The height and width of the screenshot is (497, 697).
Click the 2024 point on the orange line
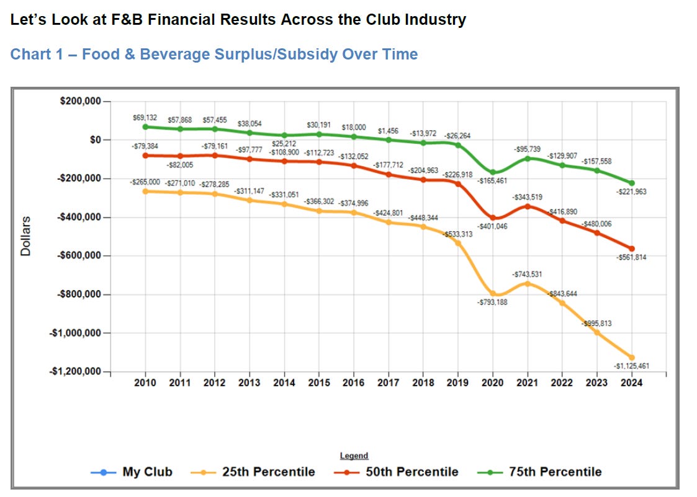(631, 358)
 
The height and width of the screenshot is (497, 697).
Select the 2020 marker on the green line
(493, 172)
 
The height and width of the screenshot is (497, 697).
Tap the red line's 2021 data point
(527, 206)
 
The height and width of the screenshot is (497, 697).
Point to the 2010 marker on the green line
(145, 127)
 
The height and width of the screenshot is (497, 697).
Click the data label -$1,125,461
(631, 366)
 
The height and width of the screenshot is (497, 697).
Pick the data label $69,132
(145, 118)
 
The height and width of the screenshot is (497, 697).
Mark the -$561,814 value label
(631, 257)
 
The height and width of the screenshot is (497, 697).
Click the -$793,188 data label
(492, 302)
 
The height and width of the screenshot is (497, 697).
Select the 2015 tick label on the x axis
(319, 382)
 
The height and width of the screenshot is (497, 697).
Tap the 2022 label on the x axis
(562, 382)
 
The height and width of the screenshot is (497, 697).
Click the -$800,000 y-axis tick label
(79, 294)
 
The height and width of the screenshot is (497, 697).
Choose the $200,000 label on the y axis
(81, 101)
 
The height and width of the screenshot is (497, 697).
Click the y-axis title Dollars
(26, 236)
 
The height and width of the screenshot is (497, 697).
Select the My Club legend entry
(131, 472)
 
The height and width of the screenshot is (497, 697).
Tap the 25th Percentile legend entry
(253, 472)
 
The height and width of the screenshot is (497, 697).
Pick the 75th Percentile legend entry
(539, 472)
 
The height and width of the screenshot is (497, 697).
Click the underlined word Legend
(354, 455)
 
